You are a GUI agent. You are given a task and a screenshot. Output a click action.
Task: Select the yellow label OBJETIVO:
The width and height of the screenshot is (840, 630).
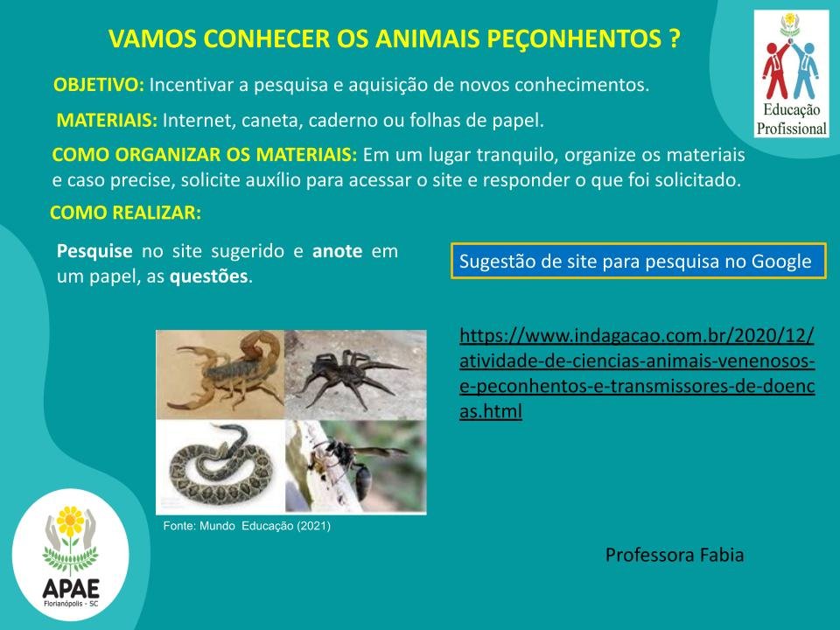99,85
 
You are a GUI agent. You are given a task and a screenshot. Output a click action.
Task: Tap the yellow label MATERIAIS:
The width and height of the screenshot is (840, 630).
107,120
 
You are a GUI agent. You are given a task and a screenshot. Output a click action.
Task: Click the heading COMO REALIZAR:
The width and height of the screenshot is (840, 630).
125,213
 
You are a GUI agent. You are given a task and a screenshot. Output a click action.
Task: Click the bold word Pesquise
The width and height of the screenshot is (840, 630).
94,251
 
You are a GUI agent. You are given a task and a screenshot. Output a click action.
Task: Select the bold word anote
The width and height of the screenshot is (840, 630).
338,251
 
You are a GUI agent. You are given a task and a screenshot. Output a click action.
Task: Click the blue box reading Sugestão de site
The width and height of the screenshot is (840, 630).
638,261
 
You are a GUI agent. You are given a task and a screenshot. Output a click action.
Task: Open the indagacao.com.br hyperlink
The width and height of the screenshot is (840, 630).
637,374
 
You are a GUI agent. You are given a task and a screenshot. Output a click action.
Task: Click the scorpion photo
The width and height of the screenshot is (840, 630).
220,374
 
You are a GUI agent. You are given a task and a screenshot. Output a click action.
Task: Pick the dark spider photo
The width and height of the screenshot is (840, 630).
356,374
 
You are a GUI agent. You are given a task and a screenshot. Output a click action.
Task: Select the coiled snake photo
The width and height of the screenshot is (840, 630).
220,466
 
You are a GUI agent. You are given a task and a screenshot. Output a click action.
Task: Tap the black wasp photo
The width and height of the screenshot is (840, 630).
356,466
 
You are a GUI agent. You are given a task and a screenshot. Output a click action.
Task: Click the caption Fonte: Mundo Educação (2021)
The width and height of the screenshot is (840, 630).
247,526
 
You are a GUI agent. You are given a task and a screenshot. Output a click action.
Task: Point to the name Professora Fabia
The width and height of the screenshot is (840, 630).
675,555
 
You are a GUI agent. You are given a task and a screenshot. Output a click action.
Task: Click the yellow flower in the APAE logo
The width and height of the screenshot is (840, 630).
70,521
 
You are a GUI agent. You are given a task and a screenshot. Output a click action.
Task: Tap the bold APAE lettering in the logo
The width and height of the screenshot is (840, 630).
71,589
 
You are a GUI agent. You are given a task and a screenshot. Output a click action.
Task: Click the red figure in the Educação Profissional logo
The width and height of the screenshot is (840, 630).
776,70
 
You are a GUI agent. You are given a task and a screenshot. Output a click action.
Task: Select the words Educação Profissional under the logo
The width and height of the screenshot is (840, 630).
792,120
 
